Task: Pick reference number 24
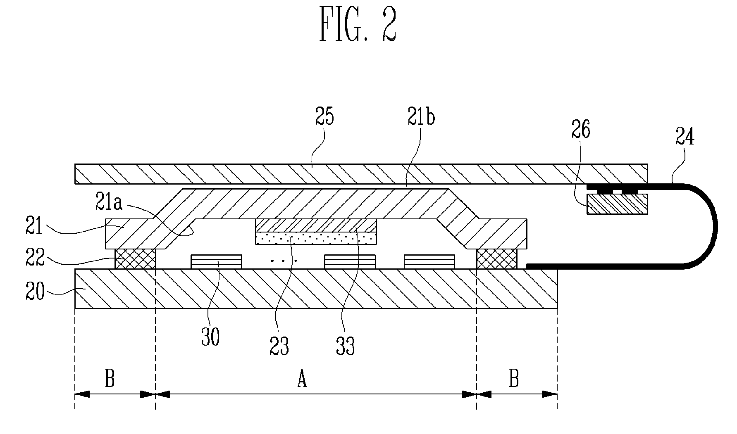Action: [685, 137]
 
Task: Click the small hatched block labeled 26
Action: [617, 204]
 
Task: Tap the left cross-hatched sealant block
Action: [135, 259]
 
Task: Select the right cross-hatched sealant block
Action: [497, 259]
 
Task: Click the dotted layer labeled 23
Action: [316, 238]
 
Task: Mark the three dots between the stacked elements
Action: [283, 261]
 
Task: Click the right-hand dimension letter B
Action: [514, 379]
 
